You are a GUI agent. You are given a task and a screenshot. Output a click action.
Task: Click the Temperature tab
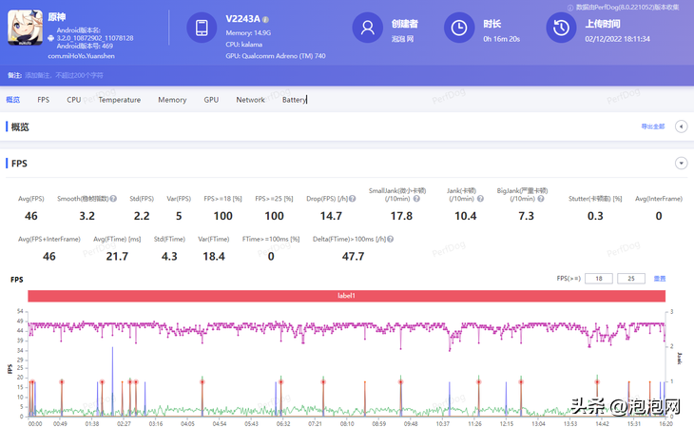pos(120,100)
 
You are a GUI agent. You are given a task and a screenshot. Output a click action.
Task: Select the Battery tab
pos(294,100)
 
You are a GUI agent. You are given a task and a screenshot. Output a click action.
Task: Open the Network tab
pos(250,100)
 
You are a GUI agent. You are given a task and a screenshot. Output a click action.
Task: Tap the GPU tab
pos(211,100)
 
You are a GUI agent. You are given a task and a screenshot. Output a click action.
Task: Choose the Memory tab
pos(172,100)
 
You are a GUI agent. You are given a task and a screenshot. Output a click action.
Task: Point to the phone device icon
pos(202,28)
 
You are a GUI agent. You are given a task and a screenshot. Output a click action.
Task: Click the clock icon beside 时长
pos(459,28)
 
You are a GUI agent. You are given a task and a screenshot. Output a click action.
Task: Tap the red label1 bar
pos(346,296)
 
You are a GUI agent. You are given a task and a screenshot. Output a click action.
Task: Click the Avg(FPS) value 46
pos(31,216)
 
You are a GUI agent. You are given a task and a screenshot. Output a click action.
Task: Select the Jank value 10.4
pos(466,216)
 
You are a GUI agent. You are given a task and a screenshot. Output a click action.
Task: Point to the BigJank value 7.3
pos(526,216)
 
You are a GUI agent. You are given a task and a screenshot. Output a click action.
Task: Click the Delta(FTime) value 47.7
pos(354,256)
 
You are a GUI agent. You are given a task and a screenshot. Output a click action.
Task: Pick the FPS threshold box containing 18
pos(598,279)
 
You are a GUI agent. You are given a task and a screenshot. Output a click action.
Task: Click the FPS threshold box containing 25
pos(630,279)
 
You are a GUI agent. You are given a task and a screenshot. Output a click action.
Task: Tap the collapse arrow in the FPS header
pos(681,164)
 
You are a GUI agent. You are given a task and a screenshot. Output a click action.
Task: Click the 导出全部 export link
pos(653,126)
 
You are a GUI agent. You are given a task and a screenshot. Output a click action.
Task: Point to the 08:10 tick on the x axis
pos(347,424)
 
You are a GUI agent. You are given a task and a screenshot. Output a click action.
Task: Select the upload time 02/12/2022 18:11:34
pos(618,39)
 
